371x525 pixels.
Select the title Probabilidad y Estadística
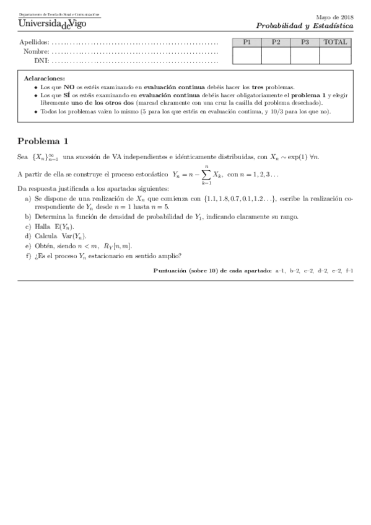coord(305,27)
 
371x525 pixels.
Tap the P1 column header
coord(247,42)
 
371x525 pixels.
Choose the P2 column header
coord(276,42)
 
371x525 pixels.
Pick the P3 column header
coord(305,42)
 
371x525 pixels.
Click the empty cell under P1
coord(247,55)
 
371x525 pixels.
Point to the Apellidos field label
coord(34,43)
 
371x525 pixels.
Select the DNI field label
coord(42,61)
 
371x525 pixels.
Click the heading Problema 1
coord(43,140)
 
